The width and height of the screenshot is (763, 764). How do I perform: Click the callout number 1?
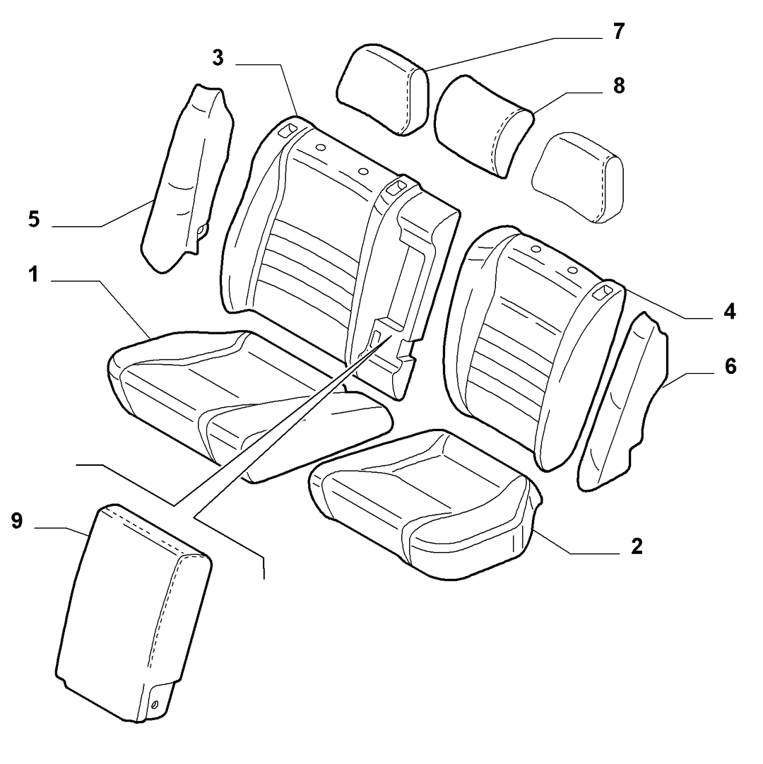coord(33,276)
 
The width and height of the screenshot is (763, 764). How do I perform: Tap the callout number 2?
coord(637,547)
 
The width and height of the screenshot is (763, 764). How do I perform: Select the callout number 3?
coord(218,58)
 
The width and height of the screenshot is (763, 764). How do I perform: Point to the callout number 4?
coord(729,312)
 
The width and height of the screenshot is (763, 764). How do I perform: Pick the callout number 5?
coord(34,219)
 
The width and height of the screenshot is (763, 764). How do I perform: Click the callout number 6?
coord(731,366)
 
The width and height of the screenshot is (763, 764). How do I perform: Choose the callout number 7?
coord(618,32)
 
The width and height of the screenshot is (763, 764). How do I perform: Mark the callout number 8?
coord(618,86)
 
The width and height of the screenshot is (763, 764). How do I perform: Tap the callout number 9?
coord(17,521)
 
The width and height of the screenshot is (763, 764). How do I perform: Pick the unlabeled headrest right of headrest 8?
coord(578,177)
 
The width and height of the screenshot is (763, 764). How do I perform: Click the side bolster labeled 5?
coord(185,178)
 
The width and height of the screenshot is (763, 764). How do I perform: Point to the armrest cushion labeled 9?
coord(134,614)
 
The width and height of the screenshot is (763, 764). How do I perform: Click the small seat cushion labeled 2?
coord(424,505)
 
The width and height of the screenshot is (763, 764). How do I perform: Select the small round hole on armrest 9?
coord(155,704)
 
